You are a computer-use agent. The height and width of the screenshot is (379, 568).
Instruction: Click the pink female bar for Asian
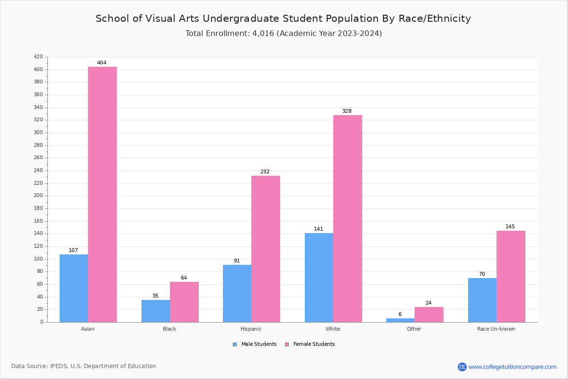tap(102, 194)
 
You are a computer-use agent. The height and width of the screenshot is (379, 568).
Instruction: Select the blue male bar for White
tap(319, 278)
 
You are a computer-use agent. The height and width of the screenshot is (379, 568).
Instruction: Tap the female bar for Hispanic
tap(266, 249)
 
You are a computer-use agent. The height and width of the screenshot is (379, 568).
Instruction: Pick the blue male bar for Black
tap(155, 311)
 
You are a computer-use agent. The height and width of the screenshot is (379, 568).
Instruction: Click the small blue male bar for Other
tap(400, 320)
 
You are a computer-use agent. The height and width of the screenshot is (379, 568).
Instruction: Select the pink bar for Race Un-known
tap(511, 276)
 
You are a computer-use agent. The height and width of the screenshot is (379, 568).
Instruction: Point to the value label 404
tap(102, 63)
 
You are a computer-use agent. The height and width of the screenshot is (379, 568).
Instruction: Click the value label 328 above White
tap(347, 111)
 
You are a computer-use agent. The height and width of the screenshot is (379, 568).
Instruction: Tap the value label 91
tap(237, 261)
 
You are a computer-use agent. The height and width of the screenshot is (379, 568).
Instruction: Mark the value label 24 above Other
tap(428, 303)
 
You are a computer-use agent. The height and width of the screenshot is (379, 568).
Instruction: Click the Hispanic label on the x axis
tap(251, 329)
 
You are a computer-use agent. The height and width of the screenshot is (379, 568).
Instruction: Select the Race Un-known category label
tap(496, 329)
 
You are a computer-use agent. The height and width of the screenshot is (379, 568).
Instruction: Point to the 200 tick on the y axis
tap(38, 196)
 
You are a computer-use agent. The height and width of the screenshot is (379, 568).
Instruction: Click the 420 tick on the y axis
tap(38, 57)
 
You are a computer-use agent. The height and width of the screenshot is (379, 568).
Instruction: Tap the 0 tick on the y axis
tap(42, 322)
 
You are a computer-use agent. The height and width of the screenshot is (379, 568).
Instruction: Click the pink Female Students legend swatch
tap(287, 344)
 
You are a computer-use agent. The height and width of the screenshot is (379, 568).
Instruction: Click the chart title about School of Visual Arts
tap(283, 18)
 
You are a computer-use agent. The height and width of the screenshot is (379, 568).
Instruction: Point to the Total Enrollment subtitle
tap(283, 34)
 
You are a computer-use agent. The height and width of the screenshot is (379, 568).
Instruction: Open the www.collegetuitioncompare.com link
tap(512, 367)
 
